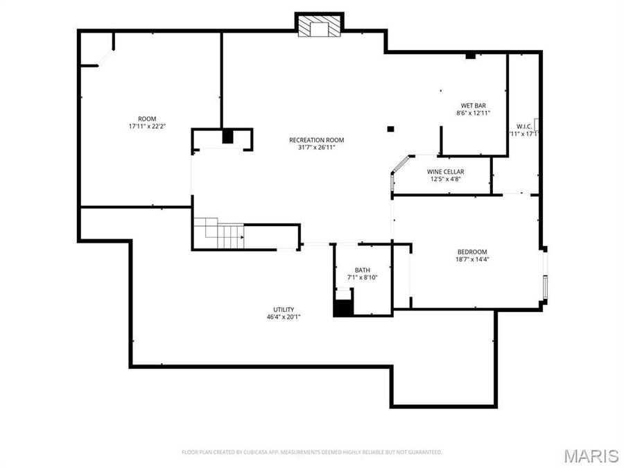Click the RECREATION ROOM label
pos(316,140)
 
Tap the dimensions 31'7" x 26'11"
pos(316,147)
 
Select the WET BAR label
pos(474,105)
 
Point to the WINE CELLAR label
pos(445,171)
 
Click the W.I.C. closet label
pos(523,126)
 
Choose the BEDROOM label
pos(471,252)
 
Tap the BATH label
pos(362,270)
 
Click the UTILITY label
pos(284,309)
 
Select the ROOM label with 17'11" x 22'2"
pos(147,119)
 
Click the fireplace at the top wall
pos(320,26)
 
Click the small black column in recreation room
pos(391,128)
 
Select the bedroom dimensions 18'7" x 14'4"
pos(471,259)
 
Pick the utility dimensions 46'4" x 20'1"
pos(284,317)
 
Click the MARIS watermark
pos(591,456)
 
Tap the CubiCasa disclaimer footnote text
pos(312,452)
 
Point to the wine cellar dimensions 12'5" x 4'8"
pos(445,179)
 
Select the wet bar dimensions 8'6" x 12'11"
pos(474,113)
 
